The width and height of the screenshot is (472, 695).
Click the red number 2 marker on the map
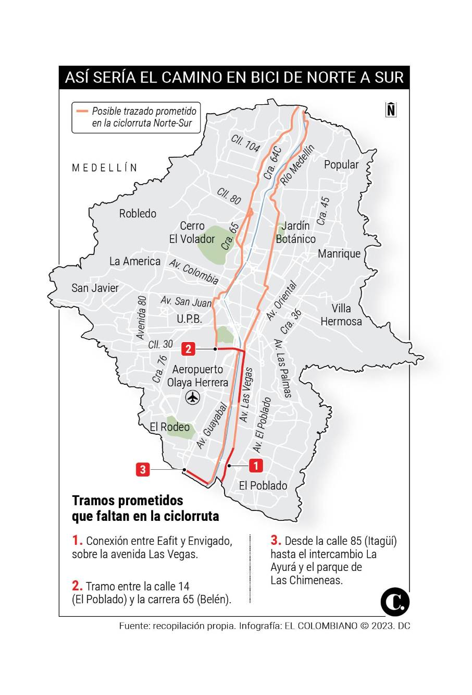tap(189, 349)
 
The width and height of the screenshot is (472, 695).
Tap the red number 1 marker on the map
tap(255, 465)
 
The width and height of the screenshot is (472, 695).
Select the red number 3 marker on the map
tap(143, 469)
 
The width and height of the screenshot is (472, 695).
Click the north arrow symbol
tap(391, 109)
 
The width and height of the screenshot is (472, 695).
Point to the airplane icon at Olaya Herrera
tap(193, 397)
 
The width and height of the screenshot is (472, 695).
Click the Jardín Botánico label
tap(295, 233)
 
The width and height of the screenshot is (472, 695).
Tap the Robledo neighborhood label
tap(138, 213)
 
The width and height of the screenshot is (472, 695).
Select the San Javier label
tap(95, 288)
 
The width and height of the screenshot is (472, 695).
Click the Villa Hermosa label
tap(341, 315)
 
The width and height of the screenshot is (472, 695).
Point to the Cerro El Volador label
tap(192, 233)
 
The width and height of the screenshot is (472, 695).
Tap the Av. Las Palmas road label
tap(283, 368)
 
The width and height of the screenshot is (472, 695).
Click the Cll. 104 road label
tap(245, 142)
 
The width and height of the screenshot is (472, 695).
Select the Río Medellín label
tap(297, 165)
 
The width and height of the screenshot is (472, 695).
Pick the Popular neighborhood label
tap(341, 165)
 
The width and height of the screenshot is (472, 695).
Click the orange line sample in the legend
tap(82, 111)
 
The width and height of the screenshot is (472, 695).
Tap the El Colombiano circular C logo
tap(394, 602)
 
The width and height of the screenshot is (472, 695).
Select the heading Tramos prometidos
tap(128, 501)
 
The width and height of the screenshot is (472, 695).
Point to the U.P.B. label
tap(189, 319)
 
